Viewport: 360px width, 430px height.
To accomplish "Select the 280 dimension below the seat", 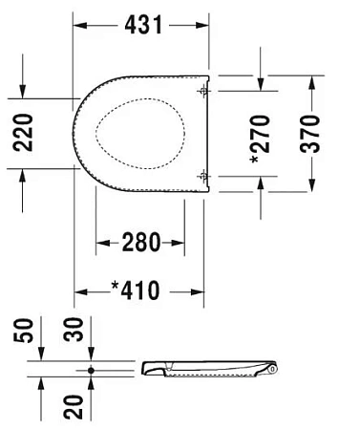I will pos(140,243).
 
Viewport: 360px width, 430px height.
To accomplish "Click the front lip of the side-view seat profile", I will pos(144,366).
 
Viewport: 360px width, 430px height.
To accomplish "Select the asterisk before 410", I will pos(115,289).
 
